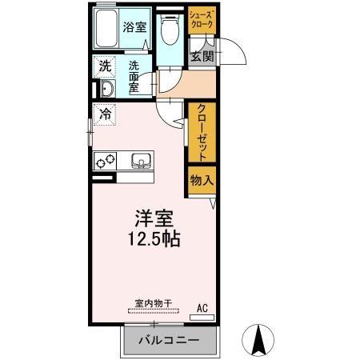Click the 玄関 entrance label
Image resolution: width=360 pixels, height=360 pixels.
(x=202, y=56)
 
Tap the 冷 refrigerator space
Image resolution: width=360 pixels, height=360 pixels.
(x=104, y=114)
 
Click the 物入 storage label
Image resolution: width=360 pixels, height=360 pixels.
(x=202, y=181)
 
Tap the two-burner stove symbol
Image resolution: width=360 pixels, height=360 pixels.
(x=105, y=160)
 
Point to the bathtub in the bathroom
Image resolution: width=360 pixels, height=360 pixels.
(x=106, y=30)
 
